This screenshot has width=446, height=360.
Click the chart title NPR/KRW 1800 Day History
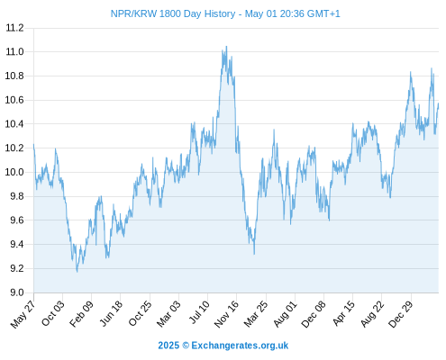click(173, 14)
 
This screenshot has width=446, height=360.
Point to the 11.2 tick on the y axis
click(14, 28)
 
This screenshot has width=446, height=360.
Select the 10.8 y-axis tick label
click(14, 76)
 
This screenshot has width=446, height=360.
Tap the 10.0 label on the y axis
click(14, 172)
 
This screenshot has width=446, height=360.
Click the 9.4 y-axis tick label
click(17, 244)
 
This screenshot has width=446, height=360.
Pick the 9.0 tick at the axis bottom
click(17, 292)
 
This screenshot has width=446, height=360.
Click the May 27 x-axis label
click(23, 313)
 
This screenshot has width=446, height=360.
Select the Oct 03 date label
click(52, 313)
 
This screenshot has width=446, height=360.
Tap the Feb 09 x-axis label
click(81, 313)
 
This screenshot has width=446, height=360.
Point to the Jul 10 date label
click(198, 312)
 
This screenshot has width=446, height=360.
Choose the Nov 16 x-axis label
click(226, 313)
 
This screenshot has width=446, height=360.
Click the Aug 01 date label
click(285, 313)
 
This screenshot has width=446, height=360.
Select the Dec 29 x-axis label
click(400, 313)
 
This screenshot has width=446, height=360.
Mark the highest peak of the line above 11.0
click(226, 46)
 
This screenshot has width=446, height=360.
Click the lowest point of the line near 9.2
click(77, 272)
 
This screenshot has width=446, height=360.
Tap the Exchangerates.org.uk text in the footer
click(240, 346)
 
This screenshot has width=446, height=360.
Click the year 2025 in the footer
click(168, 346)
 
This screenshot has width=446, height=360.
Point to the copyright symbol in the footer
click(186, 346)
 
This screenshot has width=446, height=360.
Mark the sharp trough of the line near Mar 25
click(254, 254)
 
